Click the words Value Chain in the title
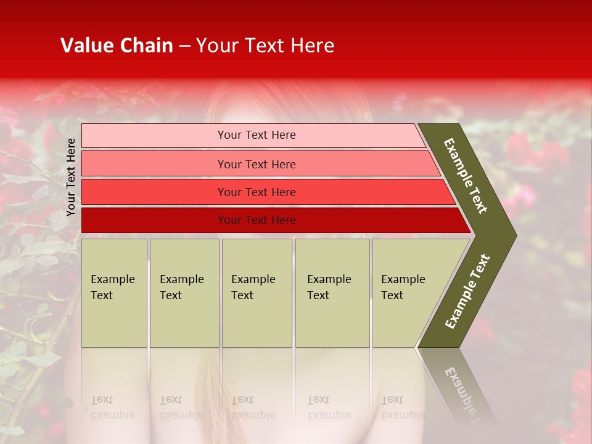click(x=117, y=46)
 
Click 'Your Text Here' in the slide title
click(x=265, y=46)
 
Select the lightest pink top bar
click(x=154, y=135)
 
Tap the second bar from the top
click(x=154, y=164)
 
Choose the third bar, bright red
click(x=154, y=192)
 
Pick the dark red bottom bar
click(x=154, y=220)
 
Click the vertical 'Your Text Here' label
click(x=71, y=177)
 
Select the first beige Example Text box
click(x=114, y=293)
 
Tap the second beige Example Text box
click(x=184, y=293)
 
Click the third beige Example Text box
click(x=257, y=293)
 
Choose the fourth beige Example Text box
click(x=332, y=293)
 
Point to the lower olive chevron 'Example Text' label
click(x=467, y=292)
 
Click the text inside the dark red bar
click(x=257, y=220)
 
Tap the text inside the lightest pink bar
click(x=257, y=135)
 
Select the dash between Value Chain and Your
click(x=184, y=46)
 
